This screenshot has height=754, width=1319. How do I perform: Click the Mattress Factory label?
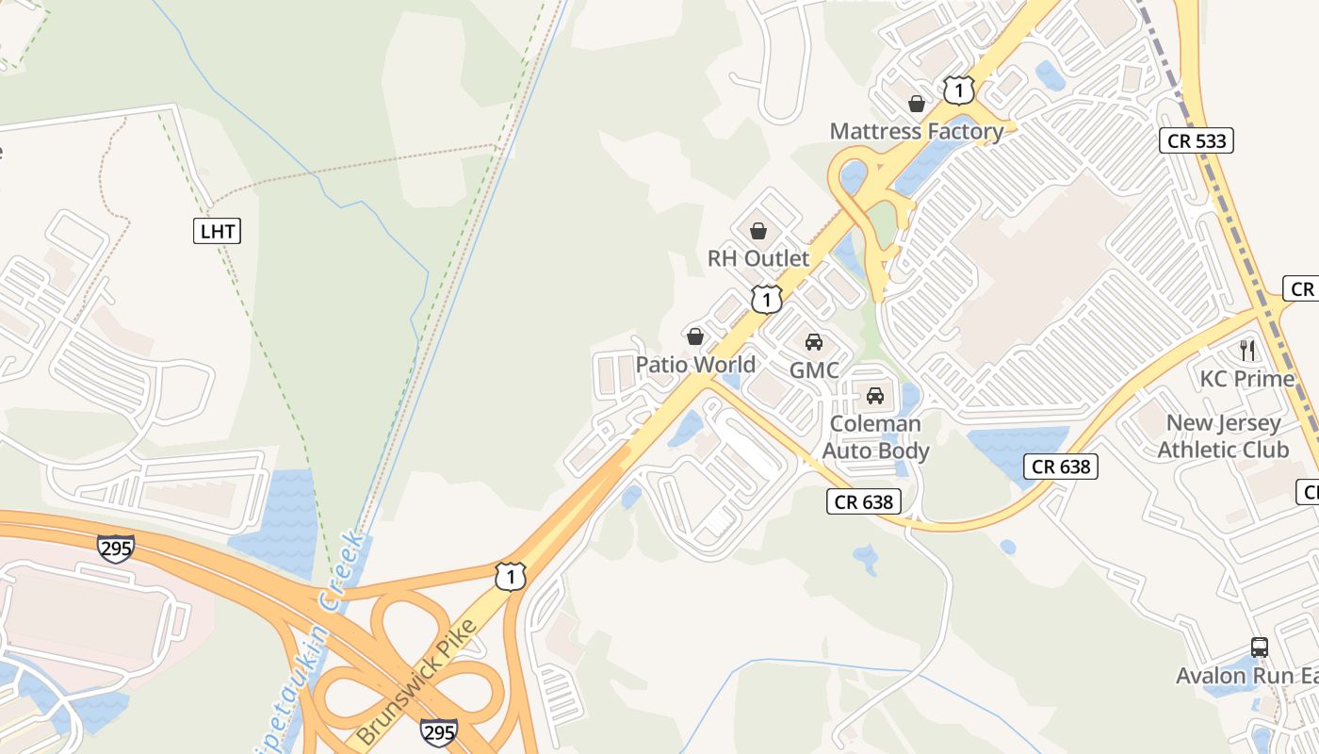pos(917,131)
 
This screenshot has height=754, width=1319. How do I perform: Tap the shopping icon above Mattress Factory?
pos(917,104)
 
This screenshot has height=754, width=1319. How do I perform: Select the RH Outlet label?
pos(758,258)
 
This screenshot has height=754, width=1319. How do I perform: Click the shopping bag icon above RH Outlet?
pos(758,231)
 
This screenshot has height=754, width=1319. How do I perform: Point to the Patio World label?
pos(695,365)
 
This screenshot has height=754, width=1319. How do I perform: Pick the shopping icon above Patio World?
pos(695,336)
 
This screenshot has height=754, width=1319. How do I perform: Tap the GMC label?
pos(814,370)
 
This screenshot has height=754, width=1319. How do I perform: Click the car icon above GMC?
pos(814,342)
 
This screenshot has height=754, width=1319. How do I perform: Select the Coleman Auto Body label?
pos(876,437)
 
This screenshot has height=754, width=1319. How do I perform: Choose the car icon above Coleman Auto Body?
pos(875,396)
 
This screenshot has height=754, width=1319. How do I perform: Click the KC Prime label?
pos(1247,379)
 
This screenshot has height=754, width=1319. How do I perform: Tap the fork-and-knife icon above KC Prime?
pos(1247,351)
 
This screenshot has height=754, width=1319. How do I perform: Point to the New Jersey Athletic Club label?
pos(1223,436)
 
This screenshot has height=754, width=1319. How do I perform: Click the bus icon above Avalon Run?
pos(1260,647)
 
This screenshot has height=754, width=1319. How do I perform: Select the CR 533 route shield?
pos(1197,141)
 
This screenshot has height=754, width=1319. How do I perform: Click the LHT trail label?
pos(217,231)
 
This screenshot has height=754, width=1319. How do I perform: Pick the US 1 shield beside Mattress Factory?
pos(958,90)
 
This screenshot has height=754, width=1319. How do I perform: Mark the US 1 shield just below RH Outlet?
pos(767,300)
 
